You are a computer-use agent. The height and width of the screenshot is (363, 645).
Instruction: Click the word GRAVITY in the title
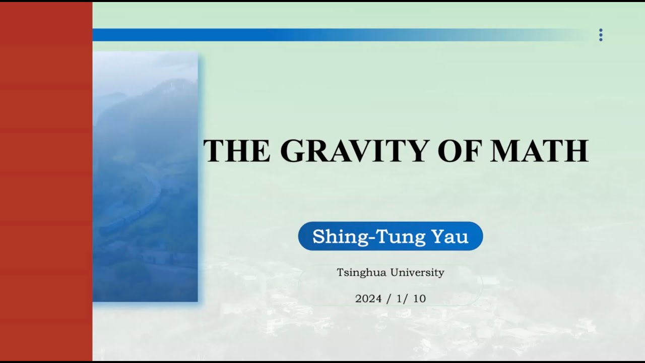coord(356,150)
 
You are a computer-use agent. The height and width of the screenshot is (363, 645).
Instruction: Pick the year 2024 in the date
coord(368,298)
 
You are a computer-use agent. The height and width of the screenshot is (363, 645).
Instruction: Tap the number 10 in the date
coord(419,298)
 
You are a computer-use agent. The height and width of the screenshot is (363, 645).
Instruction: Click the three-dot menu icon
coord(600,35)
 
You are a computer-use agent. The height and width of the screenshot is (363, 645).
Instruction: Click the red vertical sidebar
coord(46,181)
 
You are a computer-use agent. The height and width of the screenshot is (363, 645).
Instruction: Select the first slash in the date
coord(389,298)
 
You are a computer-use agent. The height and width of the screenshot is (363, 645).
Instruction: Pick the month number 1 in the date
coord(399,298)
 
